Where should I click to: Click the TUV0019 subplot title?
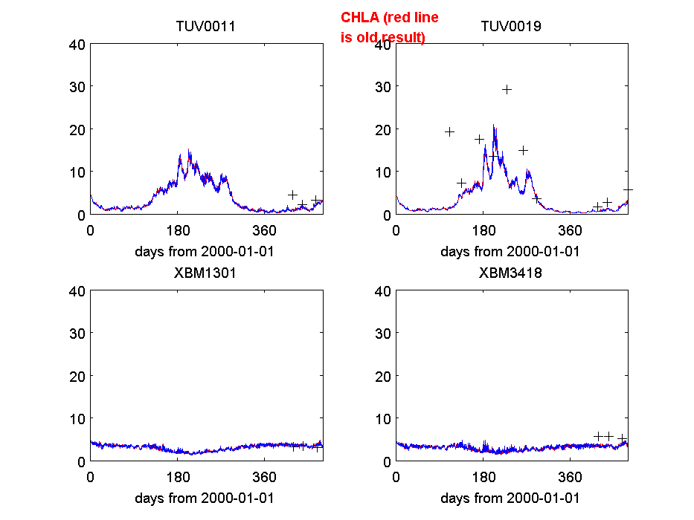(511, 26)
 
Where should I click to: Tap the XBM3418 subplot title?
(511, 273)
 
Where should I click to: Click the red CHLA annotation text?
(389, 27)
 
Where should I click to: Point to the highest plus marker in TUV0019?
(507, 90)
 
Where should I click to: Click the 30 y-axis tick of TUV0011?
(77, 86)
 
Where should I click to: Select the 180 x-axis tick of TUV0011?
(178, 230)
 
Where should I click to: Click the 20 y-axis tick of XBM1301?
(77, 376)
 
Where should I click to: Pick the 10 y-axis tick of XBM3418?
(383, 419)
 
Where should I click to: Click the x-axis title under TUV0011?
(205, 251)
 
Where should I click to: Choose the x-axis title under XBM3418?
(510, 498)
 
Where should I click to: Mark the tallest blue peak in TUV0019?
(494, 126)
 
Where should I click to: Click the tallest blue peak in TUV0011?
(189, 151)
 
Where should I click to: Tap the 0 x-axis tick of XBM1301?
(91, 476)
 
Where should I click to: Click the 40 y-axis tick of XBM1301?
(77, 290)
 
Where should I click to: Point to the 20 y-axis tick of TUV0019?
(383, 129)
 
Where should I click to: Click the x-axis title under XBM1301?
(205, 498)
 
